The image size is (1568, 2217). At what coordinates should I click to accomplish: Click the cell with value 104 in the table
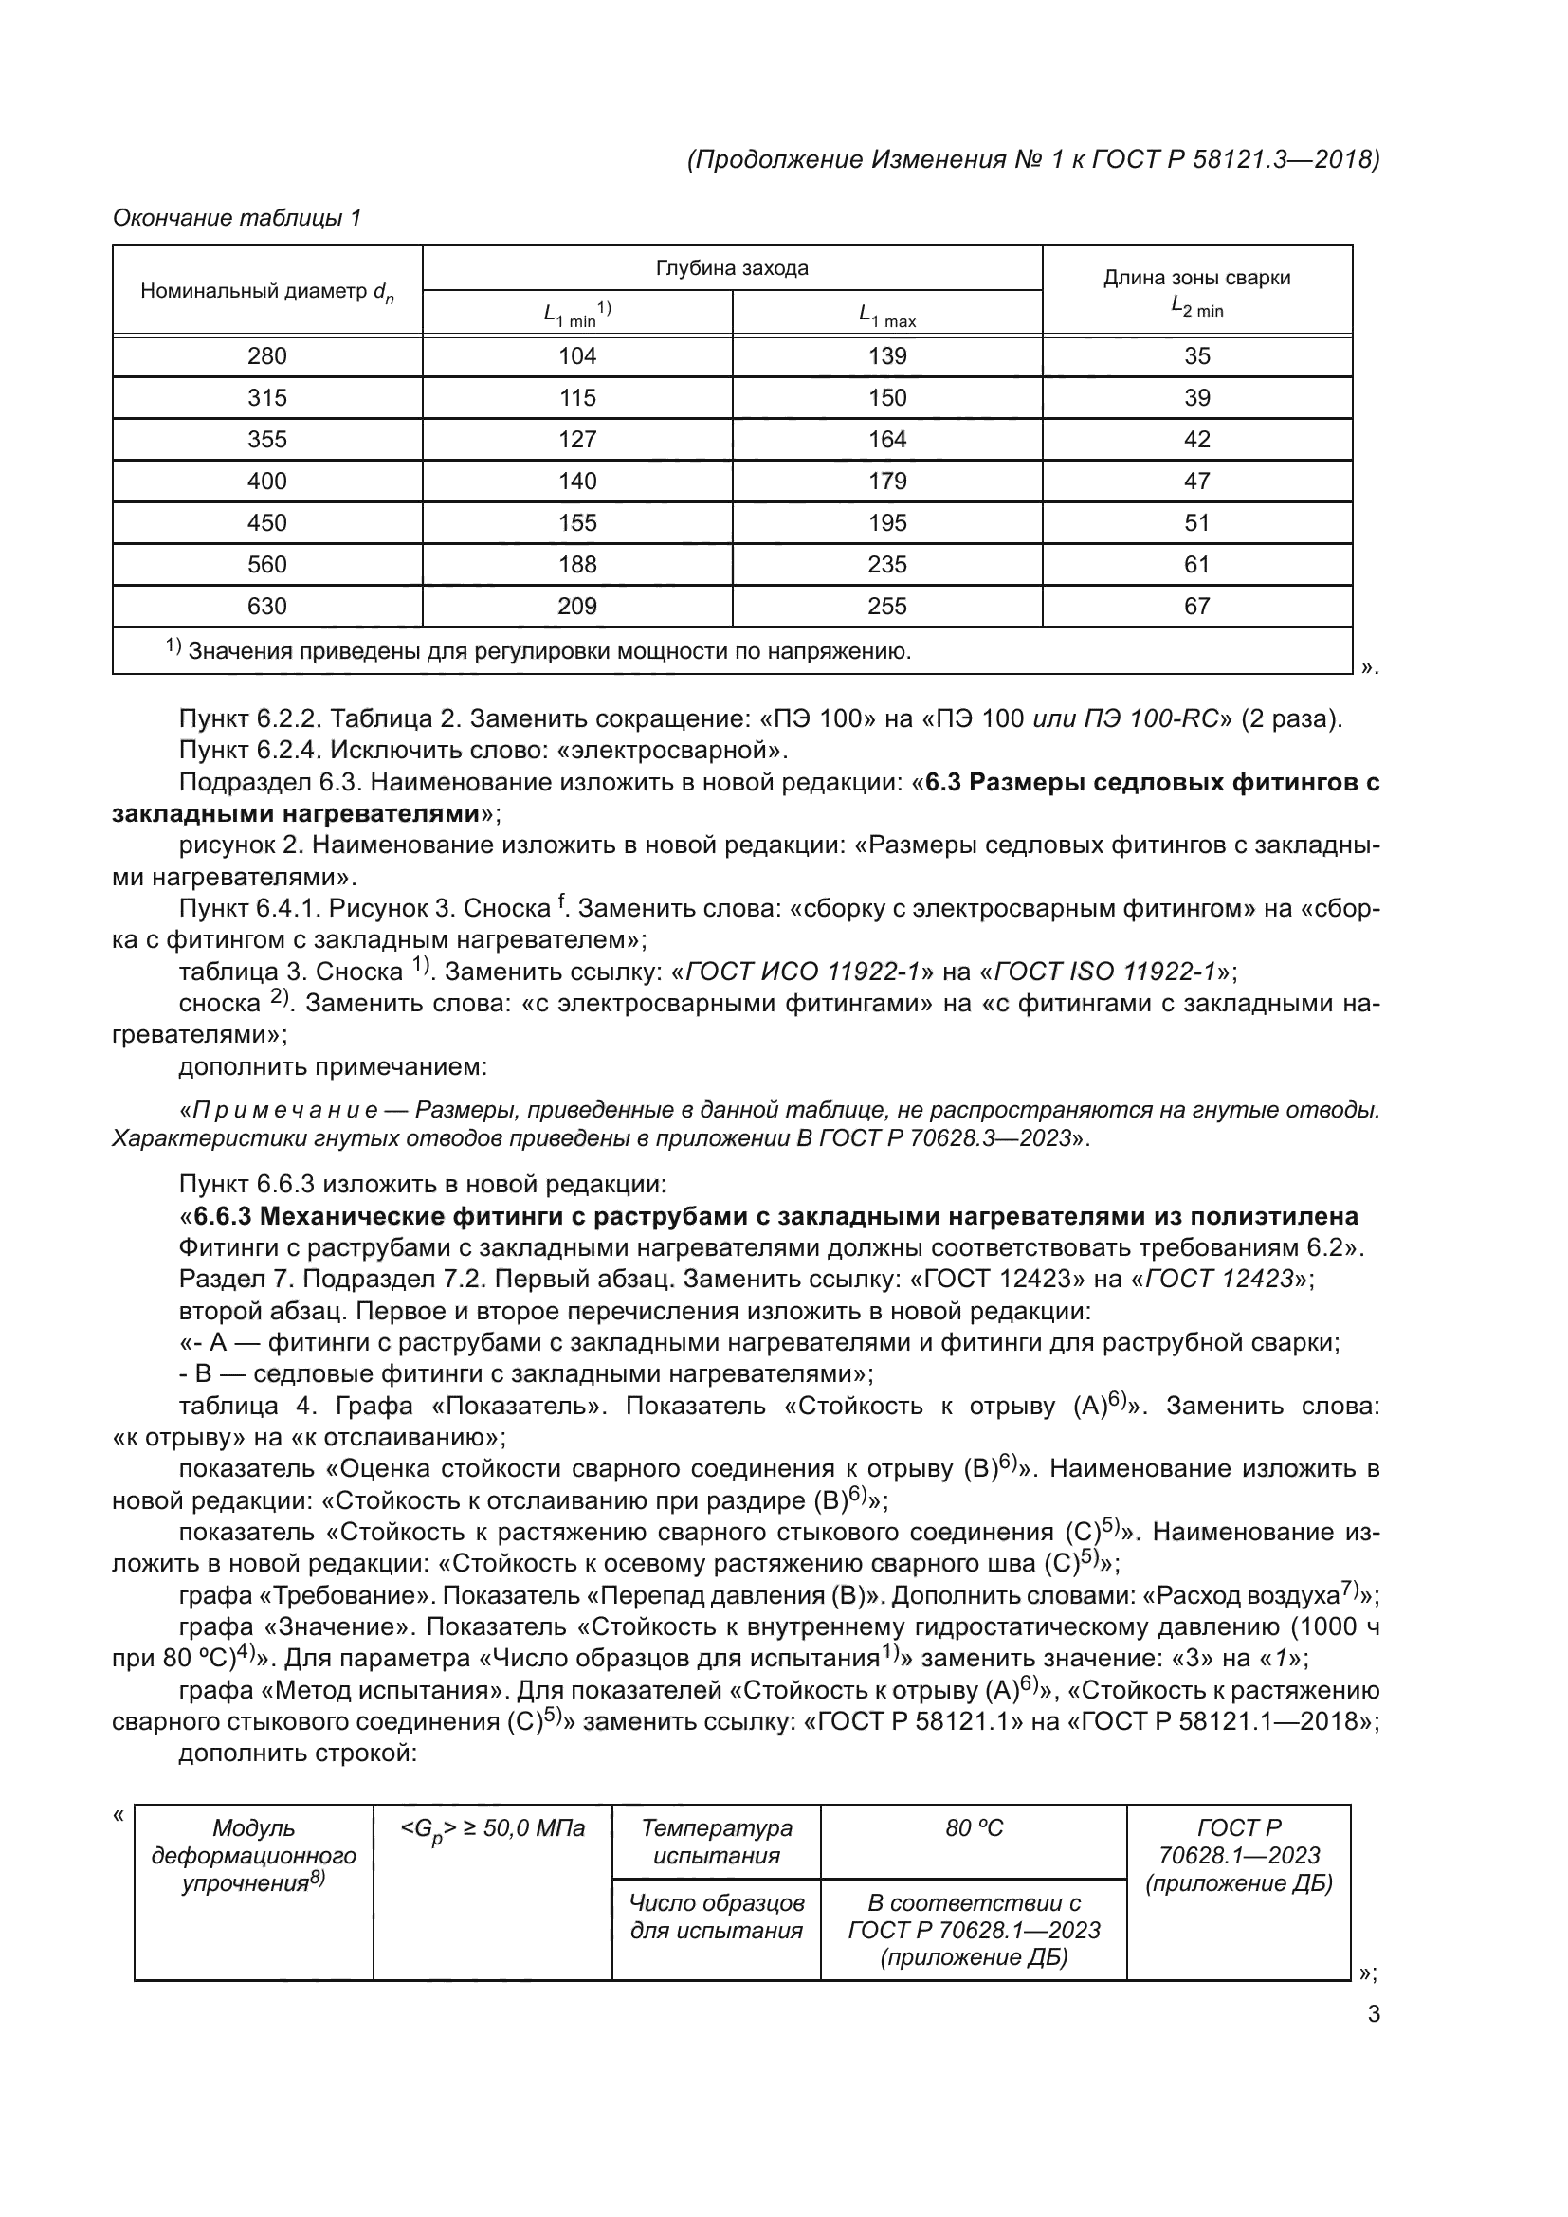pyautogui.click(x=577, y=356)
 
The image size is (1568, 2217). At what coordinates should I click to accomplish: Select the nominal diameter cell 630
pyautogui.click(x=266, y=607)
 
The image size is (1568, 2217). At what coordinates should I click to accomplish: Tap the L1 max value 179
pyautogui.click(x=886, y=481)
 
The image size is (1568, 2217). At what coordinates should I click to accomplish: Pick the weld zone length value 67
pyautogui.click(x=1196, y=607)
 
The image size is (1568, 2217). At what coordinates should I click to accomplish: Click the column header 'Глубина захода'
pyautogui.click(x=732, y=268)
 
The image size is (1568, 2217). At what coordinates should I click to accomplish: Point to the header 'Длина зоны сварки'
pyautogui.click(x=1196, y=278)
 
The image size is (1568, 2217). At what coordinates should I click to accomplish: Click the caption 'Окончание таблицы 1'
pyautogui.click(x=237, y=218)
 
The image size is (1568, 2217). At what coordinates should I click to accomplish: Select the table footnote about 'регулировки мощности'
pyautogui.click(x=540, y=652)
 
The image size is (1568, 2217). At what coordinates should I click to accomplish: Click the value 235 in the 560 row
pyautogui.click(x=886, y=565)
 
